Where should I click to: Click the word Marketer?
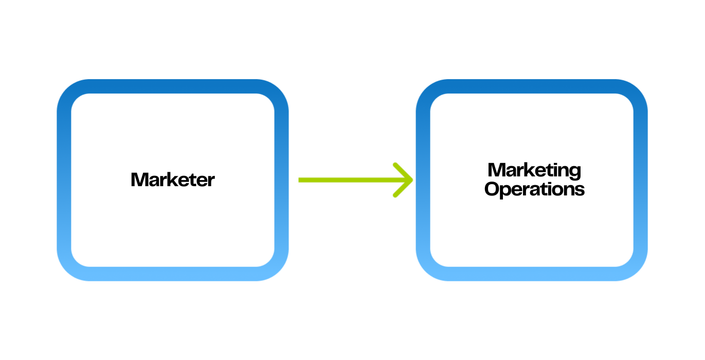[x=173, y=180]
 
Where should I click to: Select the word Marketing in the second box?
[x=534, y=171]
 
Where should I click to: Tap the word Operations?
[x=534, y=189]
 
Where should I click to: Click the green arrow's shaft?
[x=350, y=180]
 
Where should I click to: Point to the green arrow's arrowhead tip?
[x=412, y=180]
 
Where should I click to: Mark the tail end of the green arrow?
[x=300, y=180]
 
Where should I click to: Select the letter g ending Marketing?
[x=575, y=172]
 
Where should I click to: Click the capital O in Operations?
[x=492, y=189]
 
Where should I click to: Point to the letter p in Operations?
[x=507, y=191]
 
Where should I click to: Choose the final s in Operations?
[x=580, y=190]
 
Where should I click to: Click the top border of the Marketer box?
[x=173, y=86]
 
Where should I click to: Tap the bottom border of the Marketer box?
[x=173, y=274]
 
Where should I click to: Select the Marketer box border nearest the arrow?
[x=281, y=180]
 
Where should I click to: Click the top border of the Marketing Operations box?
[x=532, y=86]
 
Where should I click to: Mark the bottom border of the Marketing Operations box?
[x=532, y=274]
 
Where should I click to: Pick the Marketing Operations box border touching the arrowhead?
[x=423, y=180]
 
